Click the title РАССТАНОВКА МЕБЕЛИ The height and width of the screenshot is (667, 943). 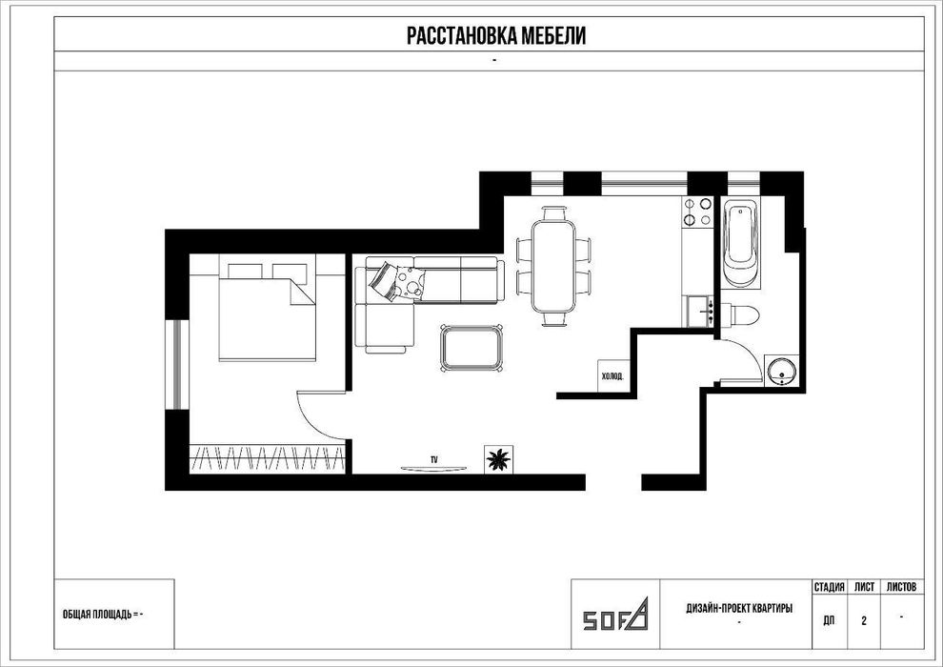tap(496, 35)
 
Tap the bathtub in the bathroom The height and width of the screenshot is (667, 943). tap(740, 245)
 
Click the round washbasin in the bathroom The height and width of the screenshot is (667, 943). tap(781, 370)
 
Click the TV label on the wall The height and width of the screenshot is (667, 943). tap(433, 459)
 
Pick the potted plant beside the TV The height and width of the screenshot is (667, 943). tap(498, 459)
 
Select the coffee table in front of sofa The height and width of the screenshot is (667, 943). tap(472, 347)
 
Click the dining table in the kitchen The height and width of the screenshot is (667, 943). tap(553, 266)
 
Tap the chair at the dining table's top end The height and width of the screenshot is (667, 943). tap(553, 212)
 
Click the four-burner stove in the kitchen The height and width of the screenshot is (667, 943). tap(697, 212)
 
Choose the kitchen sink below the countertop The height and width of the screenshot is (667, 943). tap(700, 311)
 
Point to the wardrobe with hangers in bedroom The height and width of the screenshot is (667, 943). tap(268, 459)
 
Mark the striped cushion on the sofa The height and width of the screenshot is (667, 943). tap(383, 280)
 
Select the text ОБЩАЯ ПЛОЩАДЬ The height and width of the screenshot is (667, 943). tap(97, 614)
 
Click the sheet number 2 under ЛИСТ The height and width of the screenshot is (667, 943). tap(864, 620)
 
